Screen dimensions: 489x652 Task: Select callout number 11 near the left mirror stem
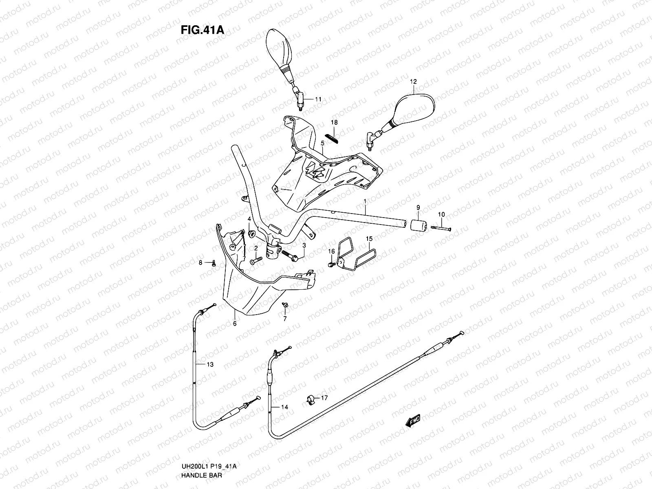coord(318,99)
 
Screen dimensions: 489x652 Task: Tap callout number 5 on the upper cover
coord(322,143)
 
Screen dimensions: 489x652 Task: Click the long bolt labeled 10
coord(441,229)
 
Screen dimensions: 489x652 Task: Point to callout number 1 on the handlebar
coord(365,202)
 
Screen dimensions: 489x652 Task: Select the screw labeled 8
coord(213,263)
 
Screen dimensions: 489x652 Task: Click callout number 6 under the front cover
coord(235,324)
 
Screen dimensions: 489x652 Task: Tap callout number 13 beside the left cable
coord(209,365)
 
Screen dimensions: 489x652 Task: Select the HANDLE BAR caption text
coord(202,476)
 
